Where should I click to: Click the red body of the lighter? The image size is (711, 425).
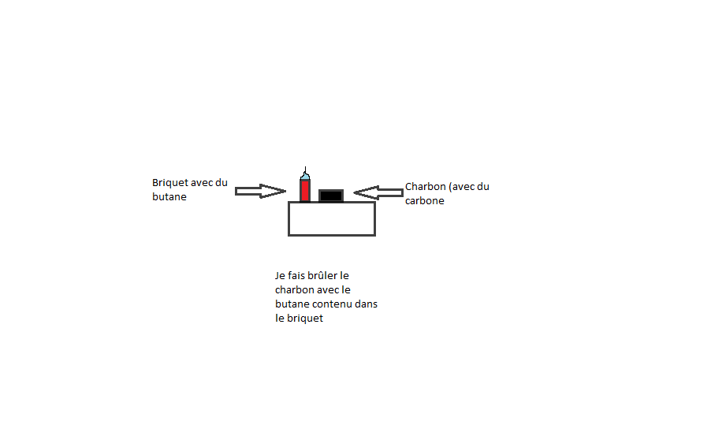tap(305, 192)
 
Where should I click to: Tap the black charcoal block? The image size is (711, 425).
tap(331, 196)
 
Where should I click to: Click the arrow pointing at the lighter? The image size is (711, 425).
tap(260, 191)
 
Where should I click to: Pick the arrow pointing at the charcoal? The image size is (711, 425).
tap(378, 192)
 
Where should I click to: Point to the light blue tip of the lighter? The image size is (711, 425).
tap(305, 177)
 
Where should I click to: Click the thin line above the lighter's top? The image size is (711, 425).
tap(305, 170)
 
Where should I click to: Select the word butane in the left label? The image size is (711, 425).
tap(169, 197)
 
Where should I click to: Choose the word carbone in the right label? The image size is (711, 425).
tap(425, 201)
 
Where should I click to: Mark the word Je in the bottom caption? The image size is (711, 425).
tap(280, 276)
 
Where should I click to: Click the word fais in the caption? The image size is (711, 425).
tap(297, 276)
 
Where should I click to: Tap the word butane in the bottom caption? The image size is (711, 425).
tap(292, 304)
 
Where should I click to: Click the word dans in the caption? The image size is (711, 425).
tap(367, 304)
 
